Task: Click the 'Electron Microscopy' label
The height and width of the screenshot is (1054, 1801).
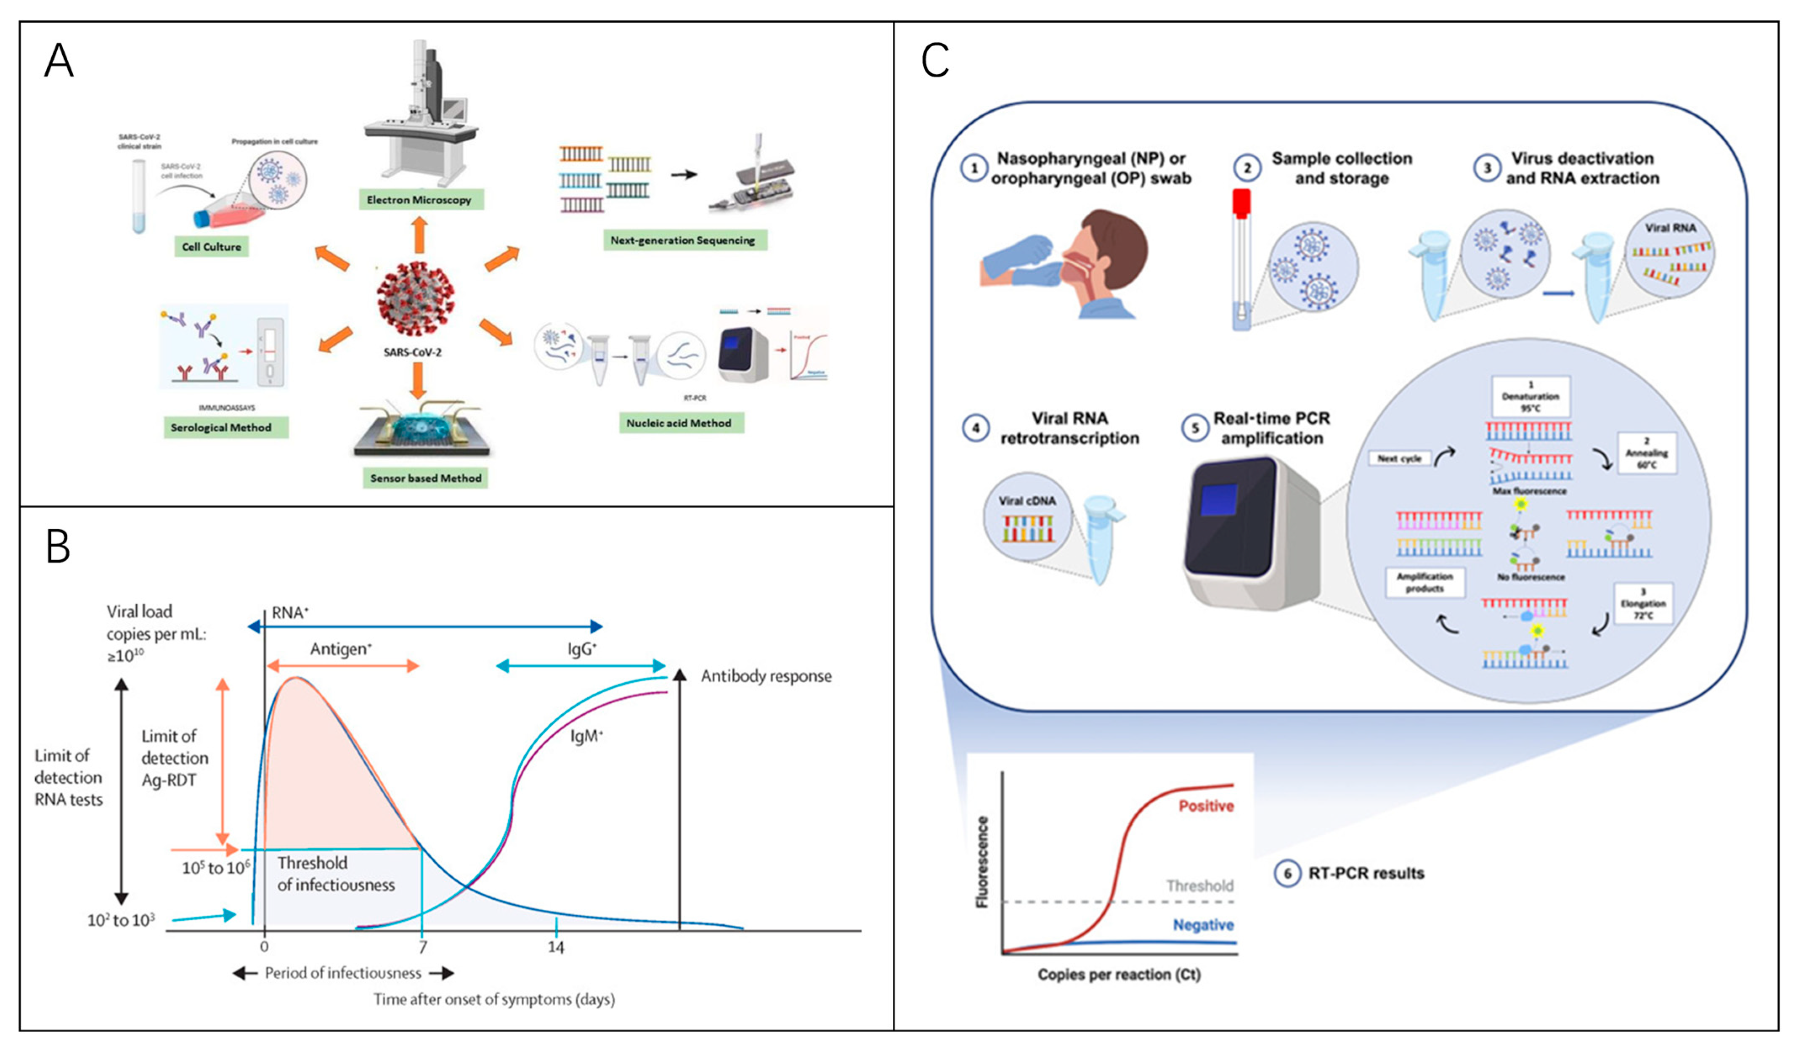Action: pyautogui.click(x=419, y=199)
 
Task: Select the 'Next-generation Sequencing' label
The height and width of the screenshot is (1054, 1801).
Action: pyautogui.click(x=682, y=240)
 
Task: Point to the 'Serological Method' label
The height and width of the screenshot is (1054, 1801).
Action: pyautogui.click(x=221, y=427)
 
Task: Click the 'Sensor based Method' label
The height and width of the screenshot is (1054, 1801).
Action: pyautogui.click(x=425, y=478)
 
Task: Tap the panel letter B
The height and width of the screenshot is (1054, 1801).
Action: pyautogui.click(x=58, y=547)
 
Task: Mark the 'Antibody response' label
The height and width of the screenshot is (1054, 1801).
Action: pyautogui.click(x=766, y=676)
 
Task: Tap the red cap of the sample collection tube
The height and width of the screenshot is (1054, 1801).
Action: pyautogui.click(x=1241, y=204)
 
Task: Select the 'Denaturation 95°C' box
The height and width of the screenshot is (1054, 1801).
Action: pyautogui.click(x=1530, y=397)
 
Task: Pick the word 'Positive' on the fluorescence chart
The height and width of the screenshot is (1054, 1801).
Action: pyautogui.click(x=1206, y=806)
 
